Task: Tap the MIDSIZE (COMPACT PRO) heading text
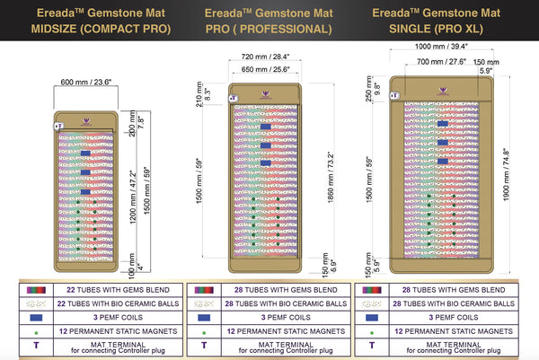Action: pos(87,28)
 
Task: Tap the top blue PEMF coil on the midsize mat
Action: pos(84,154)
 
